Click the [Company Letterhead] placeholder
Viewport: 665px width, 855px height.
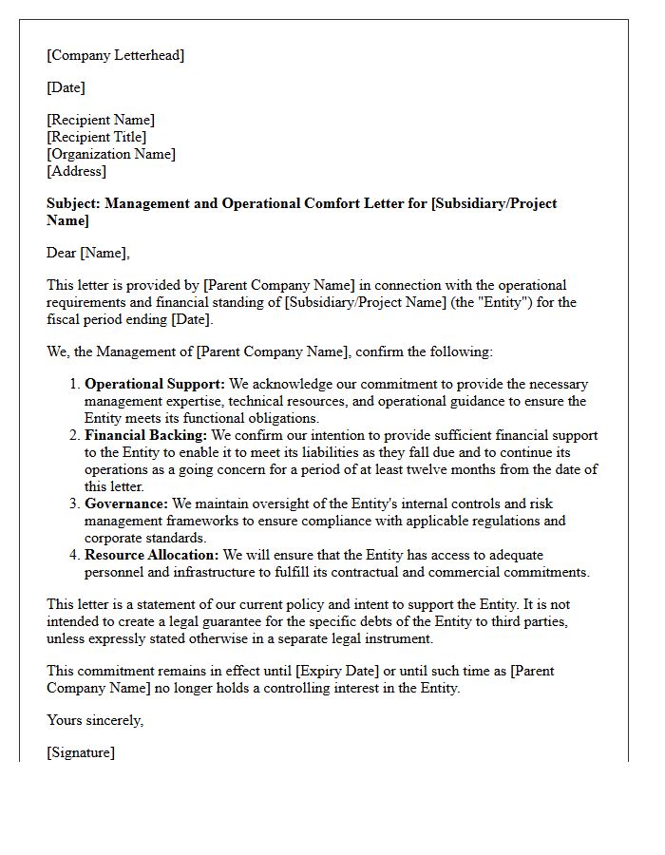[116, 55]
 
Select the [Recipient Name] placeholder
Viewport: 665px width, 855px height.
[101, 120]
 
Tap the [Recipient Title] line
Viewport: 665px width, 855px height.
[97, 137]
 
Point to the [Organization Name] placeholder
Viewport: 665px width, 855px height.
[111, 154]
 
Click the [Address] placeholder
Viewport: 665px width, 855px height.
[77, 171]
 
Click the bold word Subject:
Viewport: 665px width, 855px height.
[74, 203]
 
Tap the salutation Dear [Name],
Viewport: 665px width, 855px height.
[88, 253]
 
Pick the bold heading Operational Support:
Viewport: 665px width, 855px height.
[142, 384]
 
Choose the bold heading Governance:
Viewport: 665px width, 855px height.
[126, 503]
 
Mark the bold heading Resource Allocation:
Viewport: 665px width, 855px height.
[152, 555]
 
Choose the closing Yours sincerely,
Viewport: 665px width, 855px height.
[95, 720]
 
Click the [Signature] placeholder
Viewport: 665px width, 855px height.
[81, 752]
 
